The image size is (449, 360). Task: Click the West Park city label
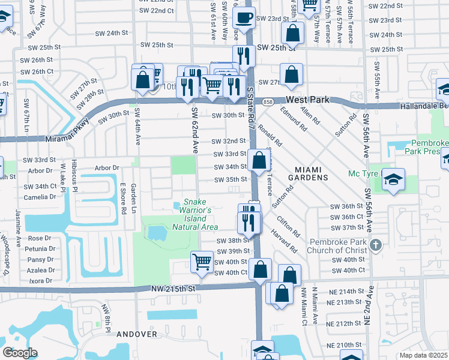coord(307,100)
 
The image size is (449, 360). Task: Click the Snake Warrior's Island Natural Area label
coord(195,215)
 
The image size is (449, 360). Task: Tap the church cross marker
coord(375,245)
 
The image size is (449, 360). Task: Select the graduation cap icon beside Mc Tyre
coord(393,180)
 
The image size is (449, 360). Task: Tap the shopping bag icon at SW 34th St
coord(259,161)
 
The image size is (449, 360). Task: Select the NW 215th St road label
coord(174,289)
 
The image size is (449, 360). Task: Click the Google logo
coord(20,353)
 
